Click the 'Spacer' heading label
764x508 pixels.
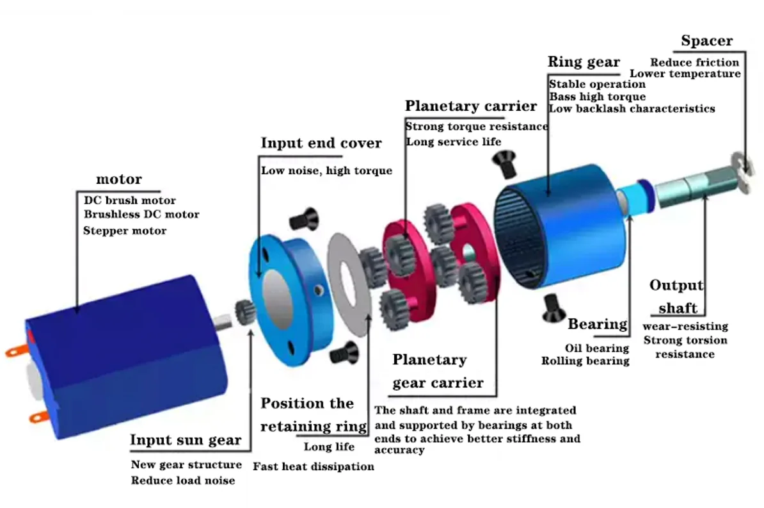click(706, 40)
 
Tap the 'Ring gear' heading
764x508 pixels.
click(584, 62)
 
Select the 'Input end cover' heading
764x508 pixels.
click(321, 143)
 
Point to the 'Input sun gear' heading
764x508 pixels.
click(186, 440)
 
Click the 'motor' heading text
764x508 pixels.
click(119, 179)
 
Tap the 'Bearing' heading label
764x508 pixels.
click(598, 324)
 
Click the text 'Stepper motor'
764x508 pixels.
click(125, 231)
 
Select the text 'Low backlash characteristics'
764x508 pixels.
click(632, 108)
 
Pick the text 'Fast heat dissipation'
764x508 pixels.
click(314, 466)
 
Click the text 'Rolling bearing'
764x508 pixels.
click(585, 361)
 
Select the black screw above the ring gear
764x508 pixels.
click(505, 163)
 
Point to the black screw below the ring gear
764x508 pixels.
click(553, 309)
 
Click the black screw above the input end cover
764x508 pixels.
click(304, 219)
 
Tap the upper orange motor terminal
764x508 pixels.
click(17, 350)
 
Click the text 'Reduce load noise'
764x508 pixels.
click(183, 480)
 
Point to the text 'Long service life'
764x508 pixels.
click(454, 142)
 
